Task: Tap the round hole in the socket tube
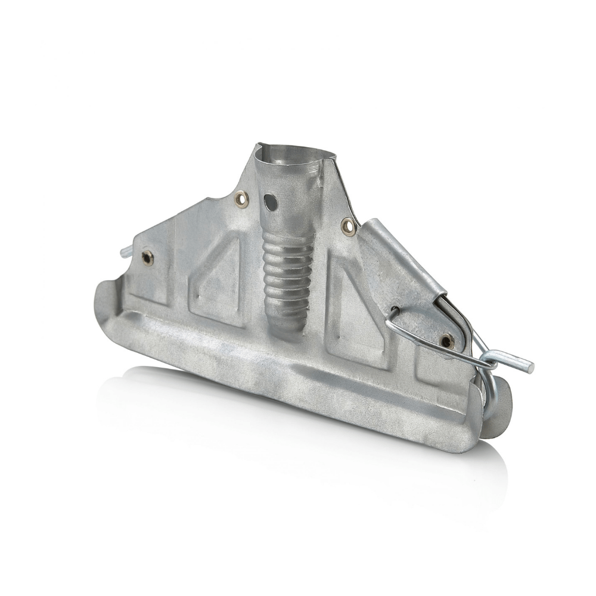[x=272, y=202]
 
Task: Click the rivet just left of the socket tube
[x=241, y=199]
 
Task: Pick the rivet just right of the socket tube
[x=349, y=226]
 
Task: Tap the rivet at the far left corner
[x=147, y=257]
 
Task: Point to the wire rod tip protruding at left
[x=126, y=251]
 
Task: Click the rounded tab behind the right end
[x=501, y=411]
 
